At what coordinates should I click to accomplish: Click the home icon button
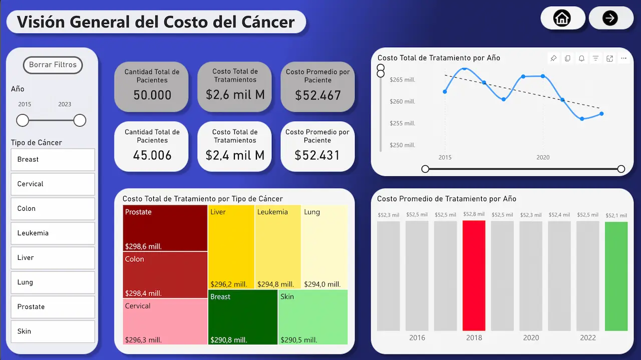click(562, 19)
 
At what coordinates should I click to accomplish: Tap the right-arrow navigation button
click(610, 19)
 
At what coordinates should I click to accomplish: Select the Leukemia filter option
click(53, 233)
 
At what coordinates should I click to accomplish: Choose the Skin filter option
click(53, 331)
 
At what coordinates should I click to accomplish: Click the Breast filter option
click(53, 160)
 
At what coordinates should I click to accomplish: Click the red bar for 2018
click(474, 275)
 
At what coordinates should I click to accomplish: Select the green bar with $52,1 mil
click(616, 276)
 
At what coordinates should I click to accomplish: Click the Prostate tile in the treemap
click(165, 228)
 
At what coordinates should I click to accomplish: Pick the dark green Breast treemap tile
click(242, 316)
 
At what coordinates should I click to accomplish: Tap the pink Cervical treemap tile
click(165, 321)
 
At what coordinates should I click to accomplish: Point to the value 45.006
click(152, 155)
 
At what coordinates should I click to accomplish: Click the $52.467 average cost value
click(317, 95)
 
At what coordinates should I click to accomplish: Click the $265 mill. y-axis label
click(402, 80)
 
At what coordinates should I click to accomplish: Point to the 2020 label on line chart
click(543, 157)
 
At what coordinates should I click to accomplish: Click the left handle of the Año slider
click(23, 121)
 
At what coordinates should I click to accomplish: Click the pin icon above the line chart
click(553, 59)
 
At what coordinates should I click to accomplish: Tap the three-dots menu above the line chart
click(623, 59)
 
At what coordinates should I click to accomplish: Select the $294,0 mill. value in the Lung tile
click(322, 284)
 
